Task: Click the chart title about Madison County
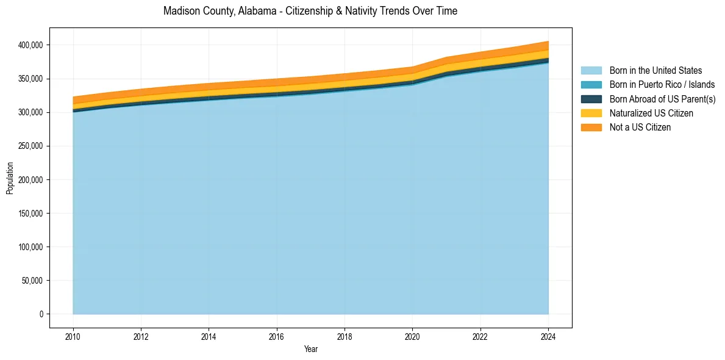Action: point(310,11)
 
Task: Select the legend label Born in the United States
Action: point(655,71)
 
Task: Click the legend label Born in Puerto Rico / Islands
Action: point(662,85)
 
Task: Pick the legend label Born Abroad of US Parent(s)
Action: point(662,99)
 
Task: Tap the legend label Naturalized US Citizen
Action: point(651,113)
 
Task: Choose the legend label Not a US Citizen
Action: point(640,128)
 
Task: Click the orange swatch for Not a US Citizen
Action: point(591,128)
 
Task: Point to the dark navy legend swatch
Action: point(591,99)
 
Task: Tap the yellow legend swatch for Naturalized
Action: point(591,113)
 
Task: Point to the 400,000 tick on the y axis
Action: point(30,45)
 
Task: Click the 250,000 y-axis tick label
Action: point(30,146)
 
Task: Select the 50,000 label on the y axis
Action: point(32,281)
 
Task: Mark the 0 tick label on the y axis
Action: point(42,314)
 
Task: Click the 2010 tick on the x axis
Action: point(73,337)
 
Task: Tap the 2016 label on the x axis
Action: point(277,337)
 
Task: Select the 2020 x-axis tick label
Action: point(412,337)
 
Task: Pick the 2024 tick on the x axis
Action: point(548,337)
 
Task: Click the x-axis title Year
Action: point(310,350)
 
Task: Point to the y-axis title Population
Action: point(10,178)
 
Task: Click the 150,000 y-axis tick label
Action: point(30,214)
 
